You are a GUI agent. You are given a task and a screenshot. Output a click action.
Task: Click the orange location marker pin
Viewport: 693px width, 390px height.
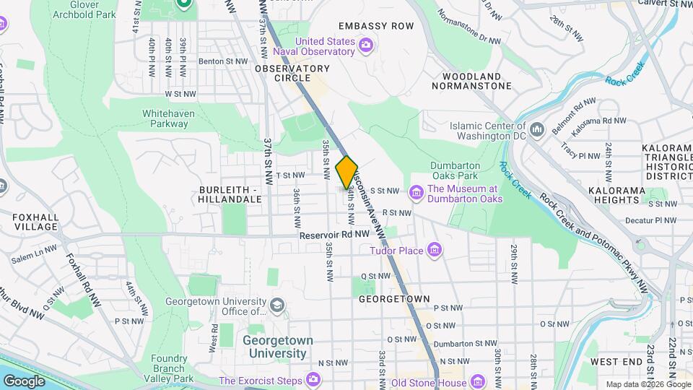pos(346,172)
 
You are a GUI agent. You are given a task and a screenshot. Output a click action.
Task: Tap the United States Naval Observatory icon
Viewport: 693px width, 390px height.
pos(366,46)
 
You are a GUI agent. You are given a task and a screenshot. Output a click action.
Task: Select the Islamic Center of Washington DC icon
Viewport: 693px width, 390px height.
pos(537,130)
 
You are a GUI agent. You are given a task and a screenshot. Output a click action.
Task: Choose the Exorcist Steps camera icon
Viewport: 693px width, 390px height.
pos(313,378)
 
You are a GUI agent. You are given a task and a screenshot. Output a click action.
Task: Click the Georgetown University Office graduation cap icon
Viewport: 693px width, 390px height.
pos(276,307)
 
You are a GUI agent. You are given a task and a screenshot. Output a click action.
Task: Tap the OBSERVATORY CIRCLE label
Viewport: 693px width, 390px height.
pos(292,69)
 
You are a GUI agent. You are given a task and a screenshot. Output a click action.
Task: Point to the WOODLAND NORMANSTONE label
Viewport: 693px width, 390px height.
pos(471,81)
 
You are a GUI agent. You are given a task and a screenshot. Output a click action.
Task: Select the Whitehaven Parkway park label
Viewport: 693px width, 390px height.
pos(165,118)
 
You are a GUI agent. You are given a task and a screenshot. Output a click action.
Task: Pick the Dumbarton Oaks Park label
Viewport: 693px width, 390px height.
pos(455,170)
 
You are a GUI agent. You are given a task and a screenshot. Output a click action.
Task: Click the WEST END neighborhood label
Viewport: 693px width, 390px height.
pos(616,361)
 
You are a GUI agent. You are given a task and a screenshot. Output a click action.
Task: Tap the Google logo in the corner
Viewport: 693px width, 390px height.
pos(25,381)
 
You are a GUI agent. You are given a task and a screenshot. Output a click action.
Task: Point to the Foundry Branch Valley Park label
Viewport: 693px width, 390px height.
pos(172,368)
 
